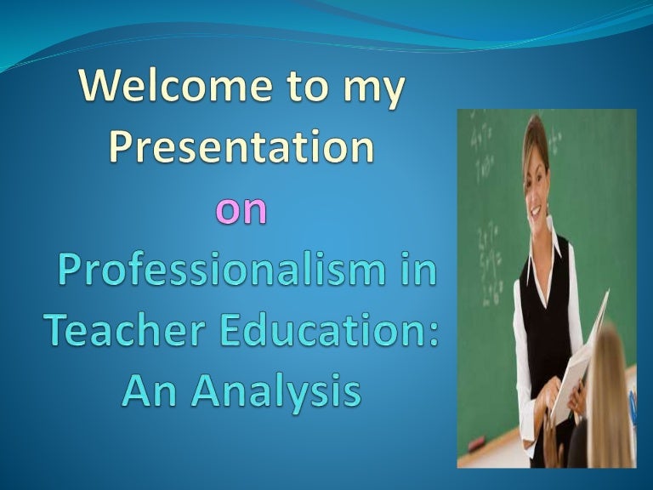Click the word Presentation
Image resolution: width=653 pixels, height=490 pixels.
click(x=241, y=147)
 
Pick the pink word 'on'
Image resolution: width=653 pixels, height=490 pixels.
click(x=241, y=208)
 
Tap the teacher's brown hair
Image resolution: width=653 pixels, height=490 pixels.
click(x=531, y=136)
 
